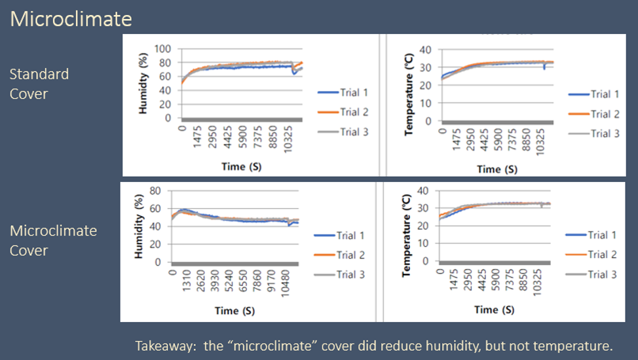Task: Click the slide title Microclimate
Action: pos(71,18)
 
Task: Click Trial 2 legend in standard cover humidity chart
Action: pos(354,112)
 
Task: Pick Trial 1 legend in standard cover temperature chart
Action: pos(600,94)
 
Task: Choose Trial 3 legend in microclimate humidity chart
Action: pos(350,274)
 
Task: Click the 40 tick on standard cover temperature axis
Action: pos(426,50)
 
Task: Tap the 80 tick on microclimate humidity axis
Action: pos(156,190)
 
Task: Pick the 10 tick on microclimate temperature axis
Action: pos(424,243)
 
